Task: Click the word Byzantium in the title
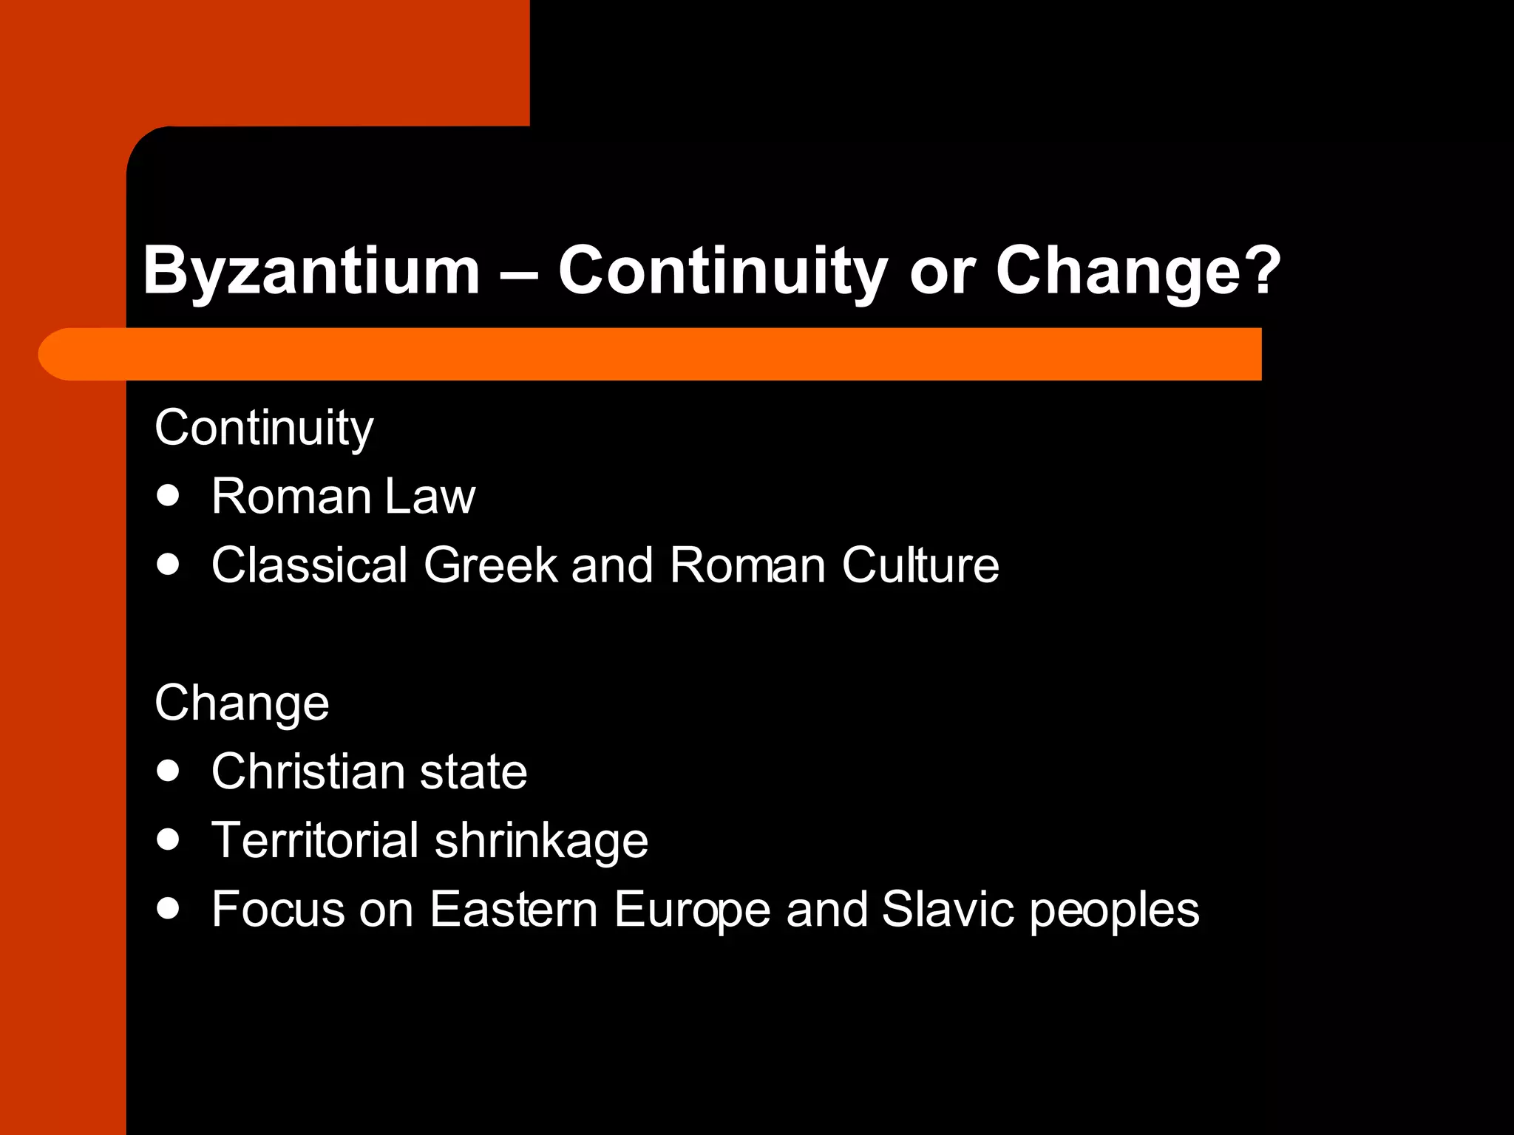311,271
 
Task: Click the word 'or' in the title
941,271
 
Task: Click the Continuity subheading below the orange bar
264,428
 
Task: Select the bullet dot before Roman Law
169,496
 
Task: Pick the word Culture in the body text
920,565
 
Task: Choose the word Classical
310,565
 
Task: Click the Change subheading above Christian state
242,703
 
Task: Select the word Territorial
315,840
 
